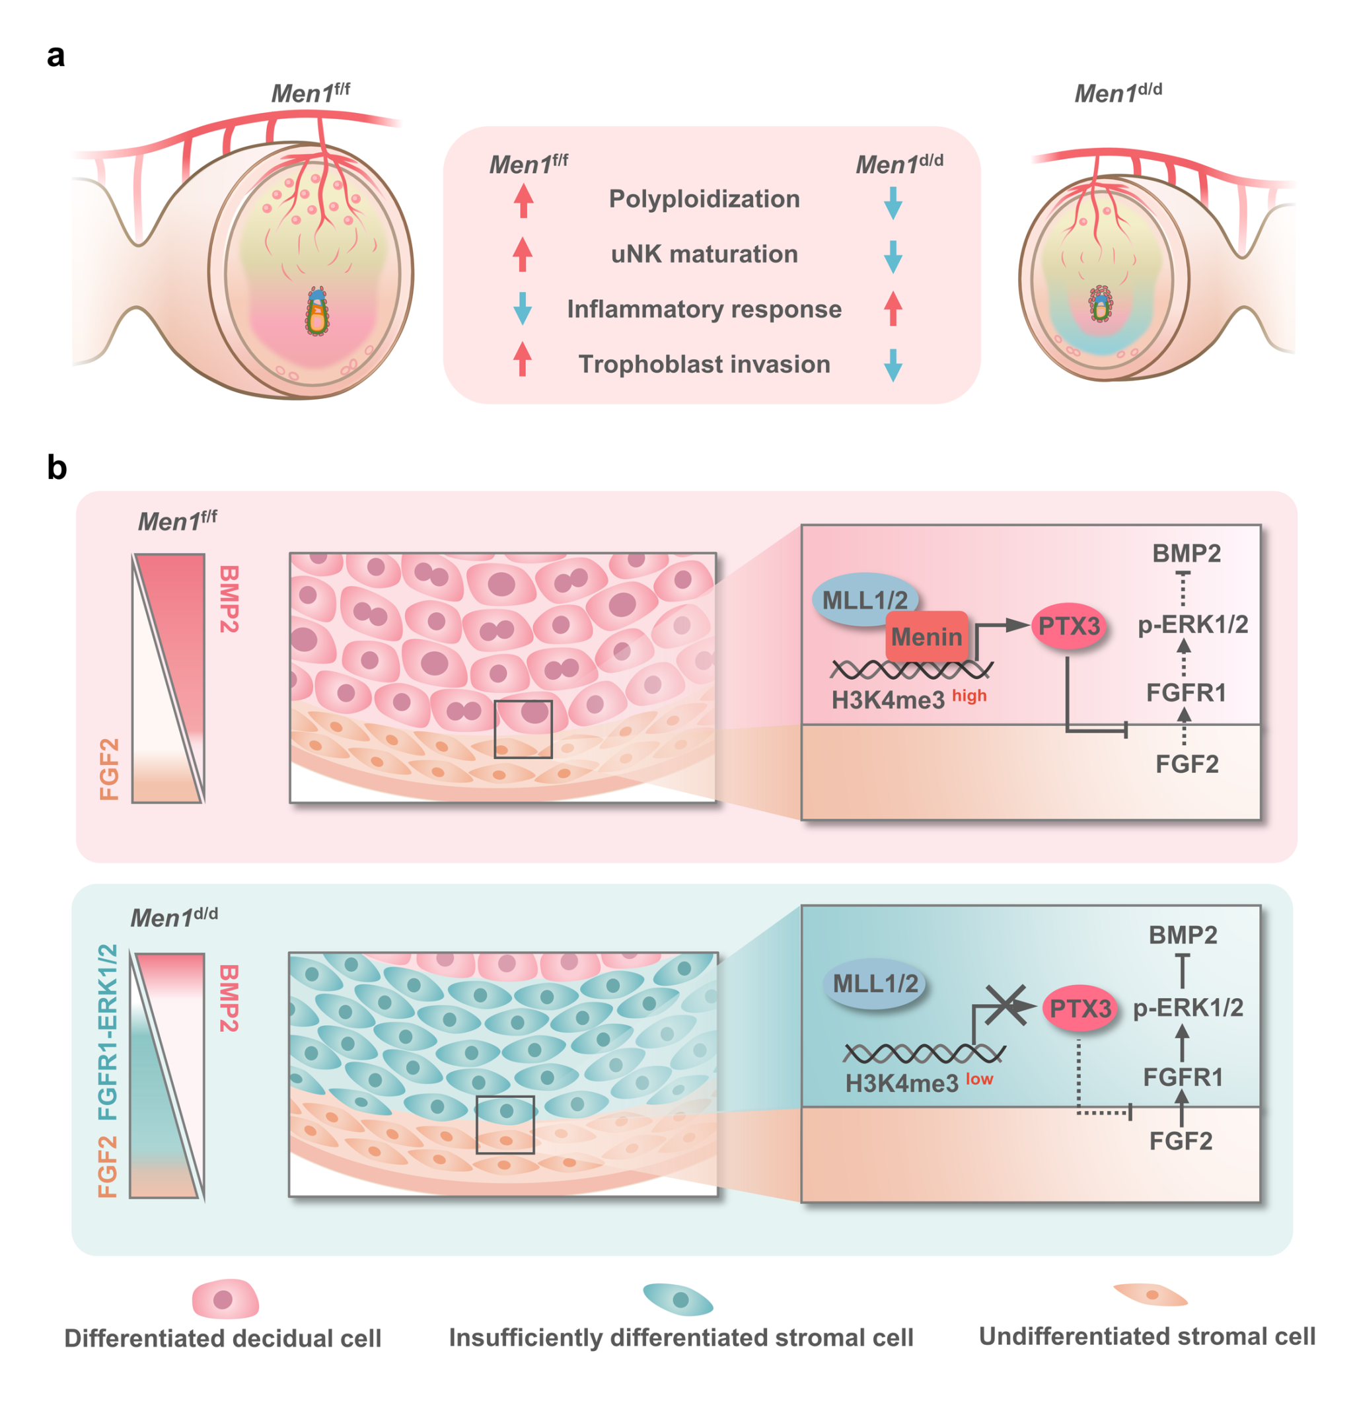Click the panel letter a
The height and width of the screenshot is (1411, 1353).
point(55,56)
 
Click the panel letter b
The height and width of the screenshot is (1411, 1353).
point(57,468)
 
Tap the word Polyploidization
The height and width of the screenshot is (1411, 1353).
point(704,199)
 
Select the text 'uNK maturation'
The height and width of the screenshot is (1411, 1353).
point(704,254)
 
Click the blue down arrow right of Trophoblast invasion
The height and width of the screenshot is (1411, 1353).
point(893,365)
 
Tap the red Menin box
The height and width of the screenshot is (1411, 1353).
point(926,636)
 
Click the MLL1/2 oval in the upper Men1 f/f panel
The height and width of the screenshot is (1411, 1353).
point(864,600)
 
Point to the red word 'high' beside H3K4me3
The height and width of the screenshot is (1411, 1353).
point(969,696)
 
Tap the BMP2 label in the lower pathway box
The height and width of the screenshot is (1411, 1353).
point(1183,935)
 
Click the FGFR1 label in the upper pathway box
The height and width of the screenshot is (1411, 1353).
point(1186,692)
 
